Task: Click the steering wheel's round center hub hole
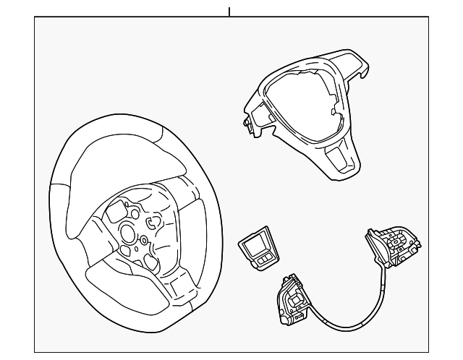127,233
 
